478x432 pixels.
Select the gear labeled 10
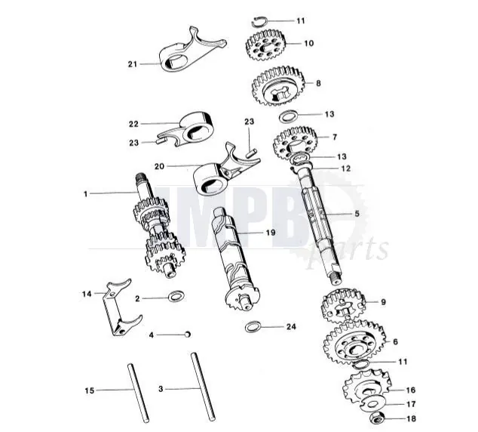pyautogui.click(x=266, y=47)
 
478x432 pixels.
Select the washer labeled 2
pyautogui.click(x=175, y=297)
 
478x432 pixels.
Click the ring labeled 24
pyautogui.click(x=256, y=328)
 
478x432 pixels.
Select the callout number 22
pyautogui.click(x=133, y=123)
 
